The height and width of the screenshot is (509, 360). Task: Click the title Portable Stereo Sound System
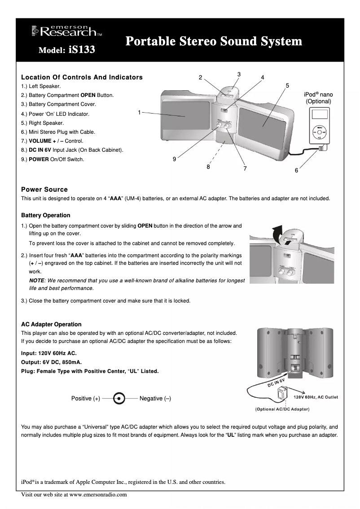[214, 42]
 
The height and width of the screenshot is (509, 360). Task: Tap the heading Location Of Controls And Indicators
[82, 77]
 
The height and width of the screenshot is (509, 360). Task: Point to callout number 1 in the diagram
[140, 112]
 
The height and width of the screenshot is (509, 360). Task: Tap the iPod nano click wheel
[319, 133]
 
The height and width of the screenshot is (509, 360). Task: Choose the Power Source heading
[44, 189]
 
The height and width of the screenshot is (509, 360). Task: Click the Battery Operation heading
[46, 215]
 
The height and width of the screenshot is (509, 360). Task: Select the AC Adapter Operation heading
[51, 324]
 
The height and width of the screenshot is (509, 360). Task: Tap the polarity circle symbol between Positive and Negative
[119, 399]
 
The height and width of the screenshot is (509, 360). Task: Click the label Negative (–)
[155, 399]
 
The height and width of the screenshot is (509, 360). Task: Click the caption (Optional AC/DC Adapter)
[282, 409]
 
